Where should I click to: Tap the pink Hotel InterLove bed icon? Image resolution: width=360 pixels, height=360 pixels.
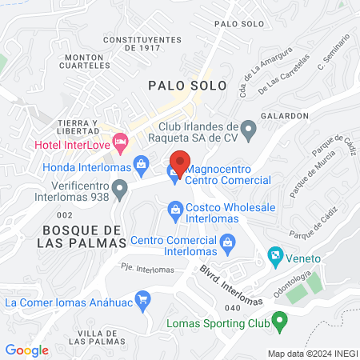[x=121, y=145]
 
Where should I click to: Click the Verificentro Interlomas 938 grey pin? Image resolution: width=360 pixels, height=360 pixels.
[x=121, y=190]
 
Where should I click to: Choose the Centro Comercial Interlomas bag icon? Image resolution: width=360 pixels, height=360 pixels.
[x=227, y=241]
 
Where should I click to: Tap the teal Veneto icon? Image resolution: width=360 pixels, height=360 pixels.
[x=276, y=258]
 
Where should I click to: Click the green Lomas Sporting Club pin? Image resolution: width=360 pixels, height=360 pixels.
[x=279, y=322]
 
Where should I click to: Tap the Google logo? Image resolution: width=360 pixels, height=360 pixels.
[x=27, y=350]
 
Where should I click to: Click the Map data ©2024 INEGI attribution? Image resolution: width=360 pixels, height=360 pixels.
[x=312, y=353]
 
